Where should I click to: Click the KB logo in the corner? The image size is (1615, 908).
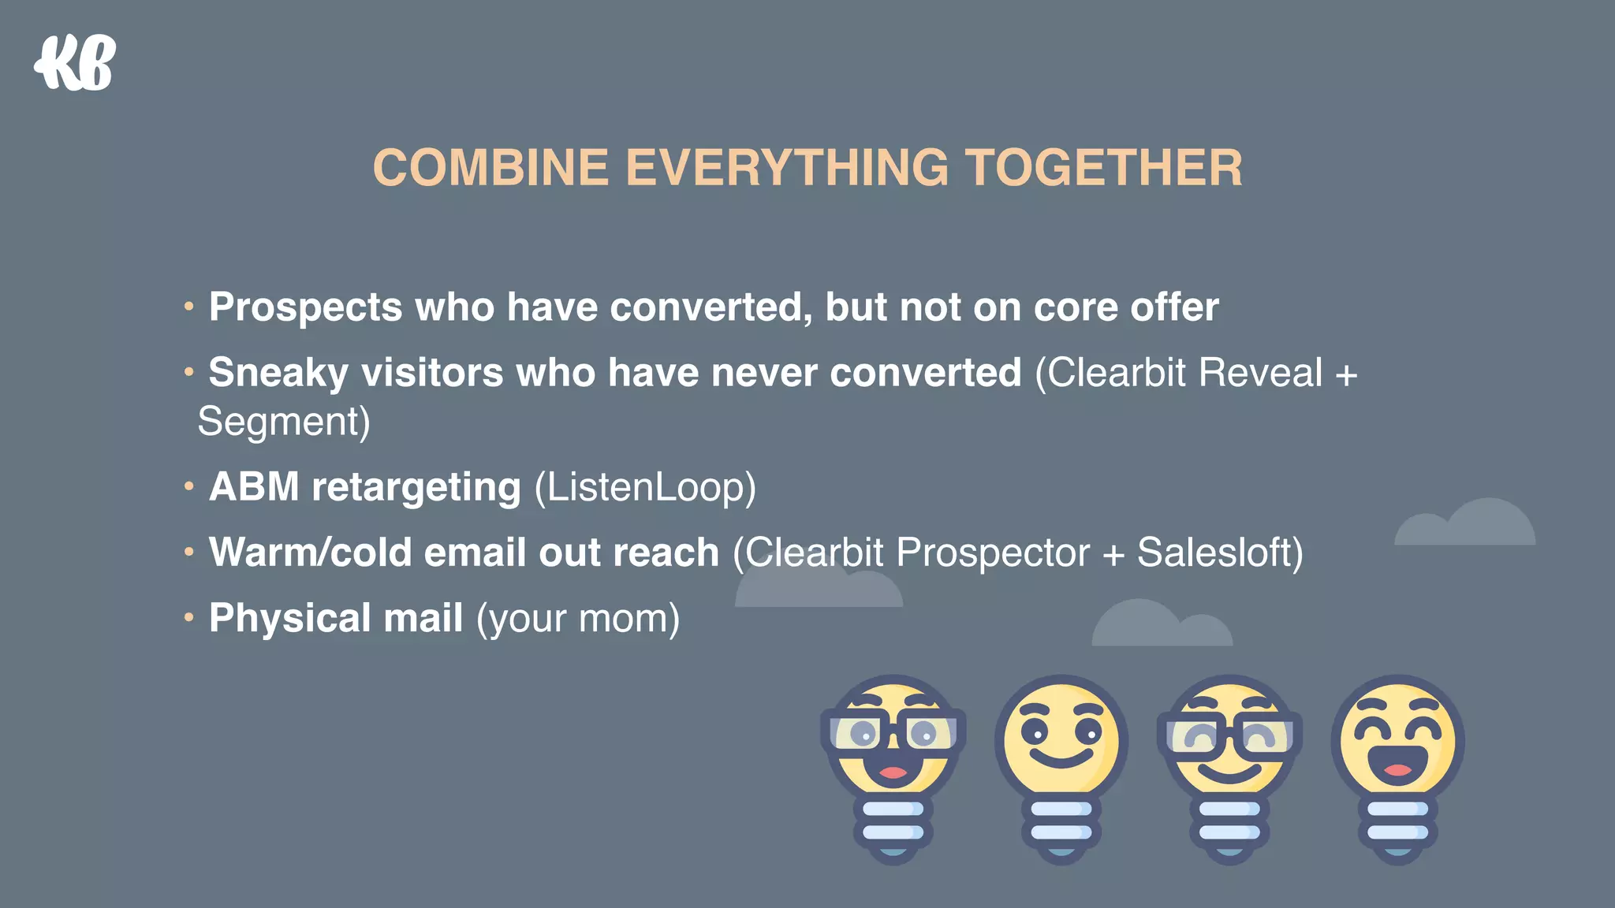pyautogui.click(x=76, y=63)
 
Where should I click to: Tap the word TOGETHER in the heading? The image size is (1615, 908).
pyautogui.click(x=1103, y=168)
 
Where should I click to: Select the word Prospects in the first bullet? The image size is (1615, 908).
pyautogui.click(x=305, y=307)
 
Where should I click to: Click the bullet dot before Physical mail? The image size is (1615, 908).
pyautogui.click(x=188, y=617)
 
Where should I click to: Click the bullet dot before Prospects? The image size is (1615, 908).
pyautogui.click(x=188, y=306)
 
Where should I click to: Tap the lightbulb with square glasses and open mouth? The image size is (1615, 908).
pyautogui.click(x=893, y=757)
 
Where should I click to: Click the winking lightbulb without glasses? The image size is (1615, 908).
pyautogui.click(x=1061, y=757)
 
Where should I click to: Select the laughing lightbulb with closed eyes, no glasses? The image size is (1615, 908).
pyautogui.click(x=1397, y=757)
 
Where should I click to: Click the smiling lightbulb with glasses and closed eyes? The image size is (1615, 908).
pyautogui.click(x=1229, y=757)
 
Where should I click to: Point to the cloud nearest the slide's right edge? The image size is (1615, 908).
pyautogui.click(x=1467, y=524)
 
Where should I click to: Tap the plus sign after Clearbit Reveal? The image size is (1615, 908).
pyautogui.click(x=1347, y=374)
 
